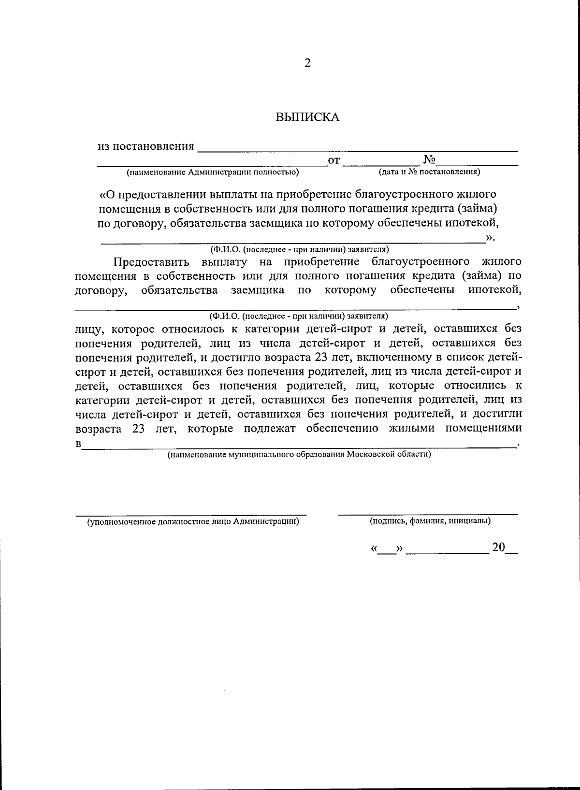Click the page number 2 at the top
click(307, 63)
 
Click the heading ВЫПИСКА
click(307, 117)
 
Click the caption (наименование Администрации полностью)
click(213, 172)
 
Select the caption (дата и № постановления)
click(429, 172)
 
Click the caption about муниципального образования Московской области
click(299, 455)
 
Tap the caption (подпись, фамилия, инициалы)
click(430, 521)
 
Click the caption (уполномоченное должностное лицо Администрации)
click(192, 522)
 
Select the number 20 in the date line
click(498, 547)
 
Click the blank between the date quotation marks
click(386, 550)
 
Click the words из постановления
click(146, 146)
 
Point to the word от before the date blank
click(334, 160)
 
